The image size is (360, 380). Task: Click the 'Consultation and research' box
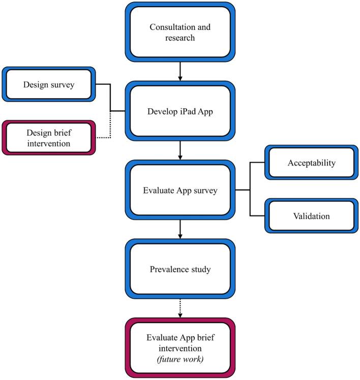(x=181, y=33)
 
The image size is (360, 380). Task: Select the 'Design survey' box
(x=49, y=84)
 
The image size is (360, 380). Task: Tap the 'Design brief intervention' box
(x=49, y=138)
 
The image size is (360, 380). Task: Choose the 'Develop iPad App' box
(x=181, y=111)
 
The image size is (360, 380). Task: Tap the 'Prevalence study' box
(x=181, y=269)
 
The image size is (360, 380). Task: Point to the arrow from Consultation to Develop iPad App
(x=181, y=72)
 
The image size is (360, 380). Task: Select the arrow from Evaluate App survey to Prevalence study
(x=181, y=230)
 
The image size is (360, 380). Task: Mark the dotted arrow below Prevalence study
(x=181, y=308)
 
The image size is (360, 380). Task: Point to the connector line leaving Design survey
(x=104, y=84)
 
